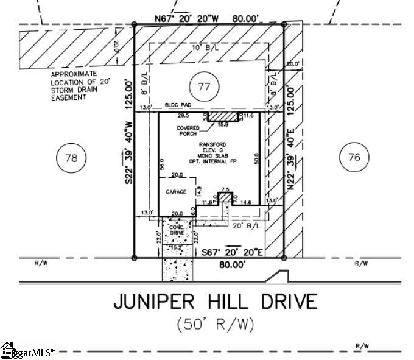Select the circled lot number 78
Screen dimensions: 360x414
pos(71,158)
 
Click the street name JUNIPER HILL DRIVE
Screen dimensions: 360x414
pos(216,302)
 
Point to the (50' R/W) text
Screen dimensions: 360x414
pos(215,324)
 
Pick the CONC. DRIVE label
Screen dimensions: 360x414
pos(177,230)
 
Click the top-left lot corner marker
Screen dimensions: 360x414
pos(134,24)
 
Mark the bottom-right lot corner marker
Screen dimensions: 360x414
pos(284,258)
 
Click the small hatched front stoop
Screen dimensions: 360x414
pos(225,197)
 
